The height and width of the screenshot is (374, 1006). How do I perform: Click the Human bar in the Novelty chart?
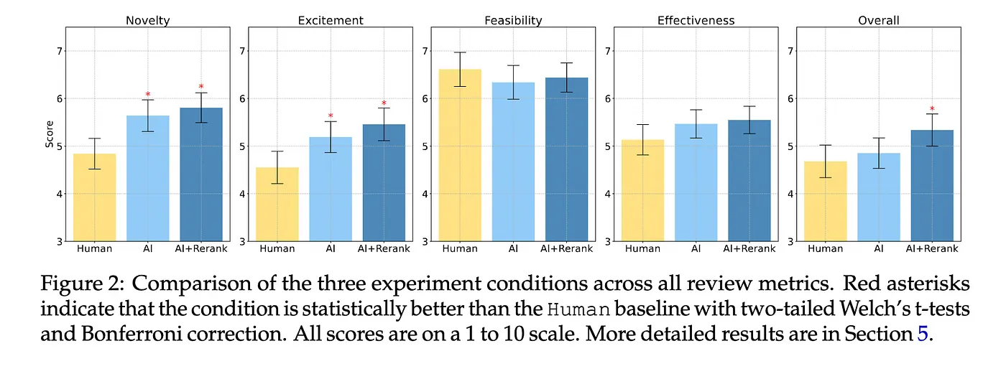tap(95, 197)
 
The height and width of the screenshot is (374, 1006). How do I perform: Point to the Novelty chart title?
tap(148, 20)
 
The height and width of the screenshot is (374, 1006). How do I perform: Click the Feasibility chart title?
tap(513, 20)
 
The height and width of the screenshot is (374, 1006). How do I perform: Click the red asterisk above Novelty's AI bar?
tap(148, 95)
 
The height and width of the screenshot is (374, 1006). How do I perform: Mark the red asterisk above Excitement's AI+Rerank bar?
tap(384, 103)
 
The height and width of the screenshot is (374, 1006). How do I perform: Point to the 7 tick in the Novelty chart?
tap(60, 50)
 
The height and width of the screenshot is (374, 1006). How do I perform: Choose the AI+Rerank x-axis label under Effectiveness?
tap(749, 248)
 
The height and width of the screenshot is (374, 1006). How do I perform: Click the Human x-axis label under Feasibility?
tap(460, 248)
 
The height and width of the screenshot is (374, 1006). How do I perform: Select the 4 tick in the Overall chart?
tap(790, 194)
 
